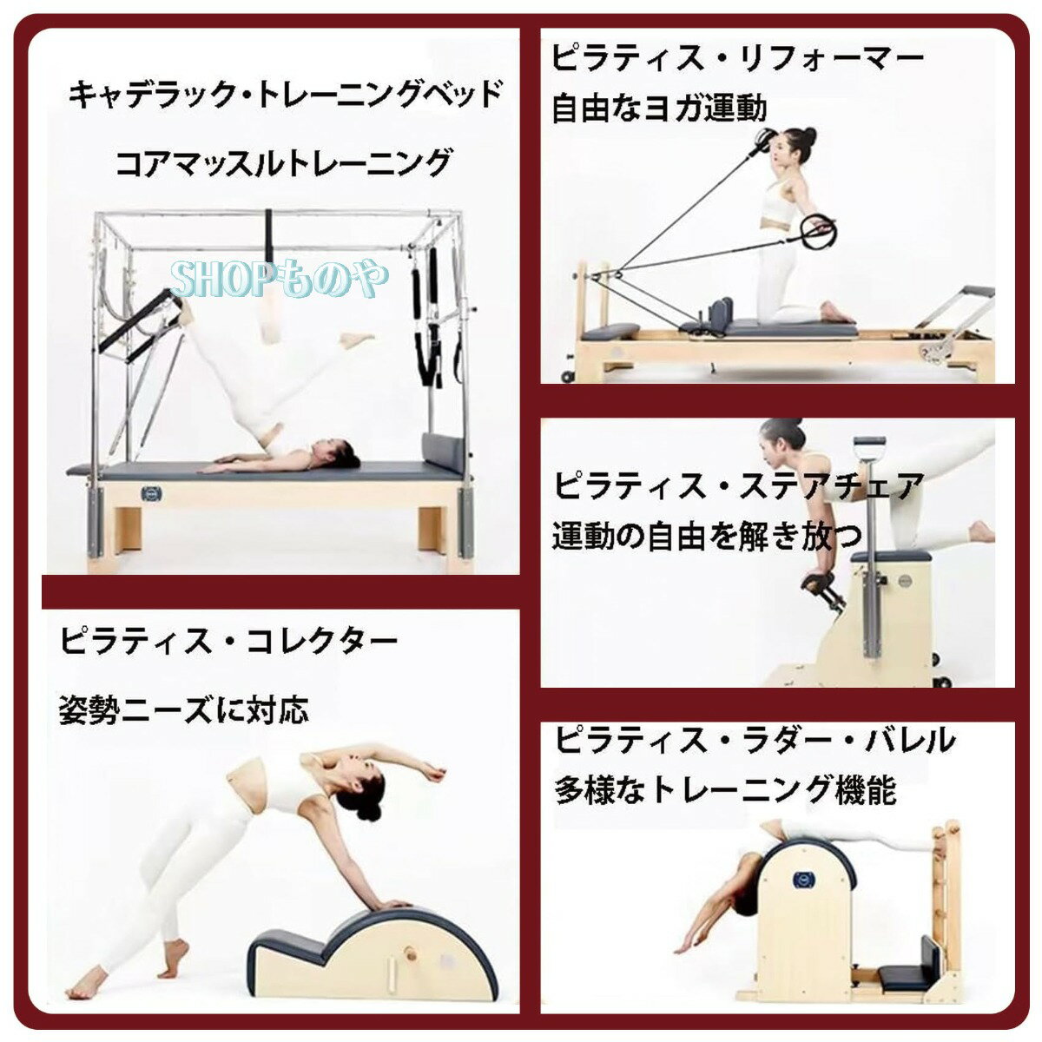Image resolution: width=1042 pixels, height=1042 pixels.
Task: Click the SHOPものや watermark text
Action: tap(280, 279)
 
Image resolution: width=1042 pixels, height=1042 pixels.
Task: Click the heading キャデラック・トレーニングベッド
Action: tap(286, 93)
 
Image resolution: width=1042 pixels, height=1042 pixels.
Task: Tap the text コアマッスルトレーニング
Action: tap(285, 162)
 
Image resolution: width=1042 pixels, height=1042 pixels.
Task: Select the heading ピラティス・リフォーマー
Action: tap(737, 58)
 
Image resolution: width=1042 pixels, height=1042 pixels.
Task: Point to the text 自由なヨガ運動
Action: tap(660, 109)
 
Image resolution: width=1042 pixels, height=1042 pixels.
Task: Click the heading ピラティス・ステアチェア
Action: tap(738, 485)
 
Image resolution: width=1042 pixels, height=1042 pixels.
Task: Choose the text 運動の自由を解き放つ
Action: tap(708, 536)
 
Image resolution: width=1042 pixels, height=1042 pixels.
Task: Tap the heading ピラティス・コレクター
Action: tap(228, 642)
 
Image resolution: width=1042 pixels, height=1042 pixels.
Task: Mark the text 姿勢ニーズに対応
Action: tap(183, 710)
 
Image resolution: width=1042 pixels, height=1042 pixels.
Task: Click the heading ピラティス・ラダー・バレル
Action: tap(754, 740)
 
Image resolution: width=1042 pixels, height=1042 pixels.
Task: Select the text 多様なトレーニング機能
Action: tap(725, 790)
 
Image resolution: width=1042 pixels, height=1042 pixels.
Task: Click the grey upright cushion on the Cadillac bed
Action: tap(443, 453)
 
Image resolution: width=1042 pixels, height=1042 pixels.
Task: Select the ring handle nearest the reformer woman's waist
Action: tap(820, 231)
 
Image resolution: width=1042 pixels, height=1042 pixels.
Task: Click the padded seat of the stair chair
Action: tap(890, 556)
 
